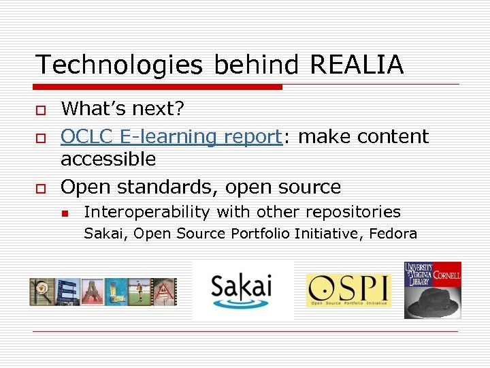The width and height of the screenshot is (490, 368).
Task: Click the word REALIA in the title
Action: coord(357,65)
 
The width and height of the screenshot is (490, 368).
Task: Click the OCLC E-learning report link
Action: coord(171,136)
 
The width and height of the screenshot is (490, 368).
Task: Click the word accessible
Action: coord(108,159)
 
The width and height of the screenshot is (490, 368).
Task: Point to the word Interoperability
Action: coord(147,212)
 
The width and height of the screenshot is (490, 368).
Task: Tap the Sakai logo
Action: coord(242,289)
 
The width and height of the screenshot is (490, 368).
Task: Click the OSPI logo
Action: coord(348,290)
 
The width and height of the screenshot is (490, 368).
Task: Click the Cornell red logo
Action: coord(447,274)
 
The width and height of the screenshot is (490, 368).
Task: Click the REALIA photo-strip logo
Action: coord(103,291)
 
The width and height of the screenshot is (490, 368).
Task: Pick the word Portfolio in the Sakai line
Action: coord(261,234)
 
